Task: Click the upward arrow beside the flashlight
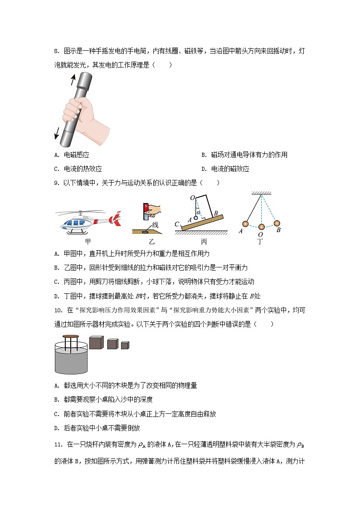72,80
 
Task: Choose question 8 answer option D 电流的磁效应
230,169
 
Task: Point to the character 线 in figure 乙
155,225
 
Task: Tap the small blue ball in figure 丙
195,218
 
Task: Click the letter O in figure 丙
192,198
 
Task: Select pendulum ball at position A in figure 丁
245,223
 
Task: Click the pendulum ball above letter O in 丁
261,227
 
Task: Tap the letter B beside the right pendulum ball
278,230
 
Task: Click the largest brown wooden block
96,343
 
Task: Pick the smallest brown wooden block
125,345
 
